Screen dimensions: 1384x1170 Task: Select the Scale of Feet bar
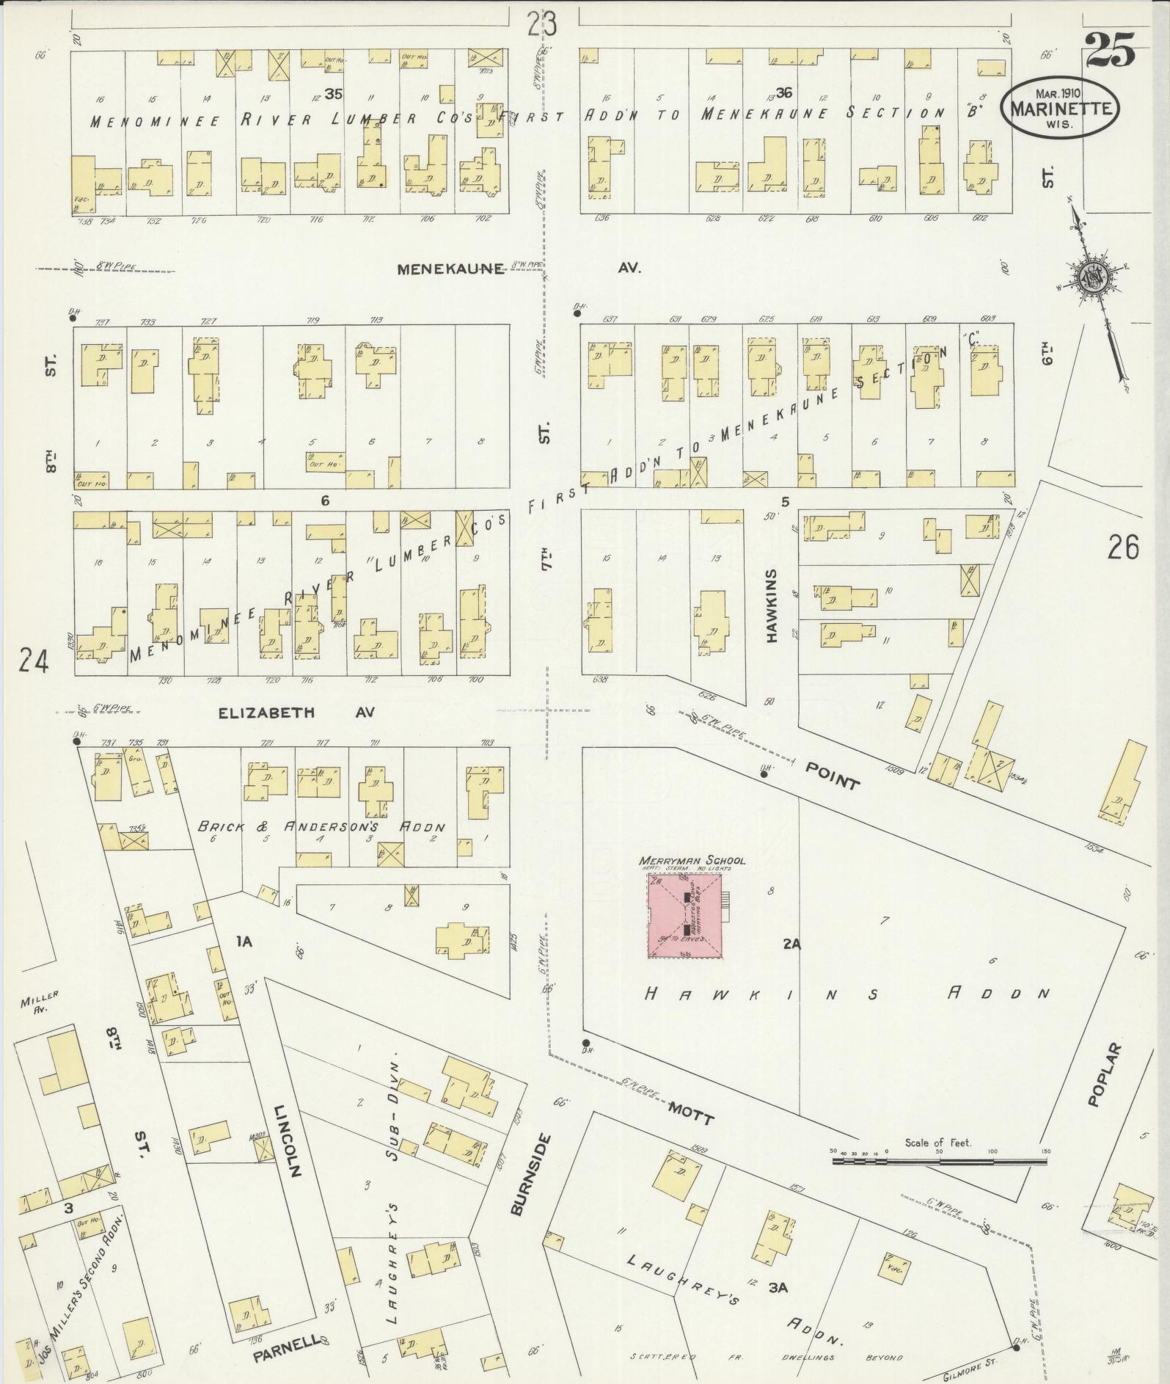pyautogui.click(x=940, y=1162)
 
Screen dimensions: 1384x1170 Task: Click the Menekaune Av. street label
pyautogui.click(x=450, y=269)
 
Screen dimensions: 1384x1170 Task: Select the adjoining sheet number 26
pyautogui.click(x=1123, y=547)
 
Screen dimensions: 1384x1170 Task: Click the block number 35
pyautogui.click(x=334, y=94)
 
